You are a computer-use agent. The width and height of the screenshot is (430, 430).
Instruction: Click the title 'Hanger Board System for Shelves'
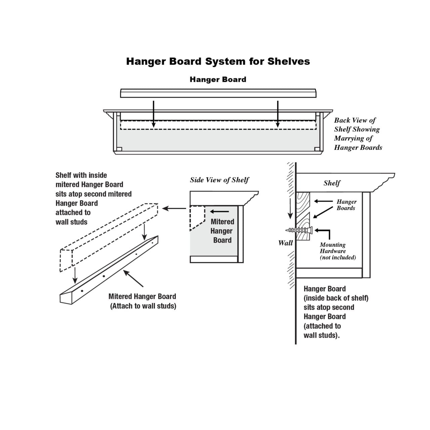[x=218, y=61]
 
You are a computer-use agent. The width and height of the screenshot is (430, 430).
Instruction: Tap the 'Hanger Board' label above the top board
[x=218, y=80]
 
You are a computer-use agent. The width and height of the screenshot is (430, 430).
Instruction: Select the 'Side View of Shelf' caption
[x=219, y=180]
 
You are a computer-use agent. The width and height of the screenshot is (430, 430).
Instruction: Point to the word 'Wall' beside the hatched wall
[x=285, y=243]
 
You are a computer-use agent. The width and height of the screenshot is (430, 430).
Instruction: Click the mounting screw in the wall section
[x=299, y=230]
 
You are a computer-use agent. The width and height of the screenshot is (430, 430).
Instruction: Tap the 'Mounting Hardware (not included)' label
[x=337, y=251]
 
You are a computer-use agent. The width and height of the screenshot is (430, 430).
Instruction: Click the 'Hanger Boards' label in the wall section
[x=346, y=205]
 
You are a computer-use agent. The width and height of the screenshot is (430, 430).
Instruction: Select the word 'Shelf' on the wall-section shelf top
[x=332, y=183]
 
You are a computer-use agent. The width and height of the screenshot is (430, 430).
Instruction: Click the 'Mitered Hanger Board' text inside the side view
[x=222, y=231]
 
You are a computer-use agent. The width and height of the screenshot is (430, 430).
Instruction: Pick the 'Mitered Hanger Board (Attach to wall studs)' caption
[x=142, y=301]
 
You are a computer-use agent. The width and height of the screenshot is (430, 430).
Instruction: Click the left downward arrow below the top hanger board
[x=154, y=114]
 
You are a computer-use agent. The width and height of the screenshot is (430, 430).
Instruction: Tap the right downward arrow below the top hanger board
[x=278, y=114]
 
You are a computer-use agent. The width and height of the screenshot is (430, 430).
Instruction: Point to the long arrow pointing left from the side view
[x=174, y=209]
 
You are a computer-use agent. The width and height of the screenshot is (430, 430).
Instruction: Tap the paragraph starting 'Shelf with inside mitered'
[x=93, y=199]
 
